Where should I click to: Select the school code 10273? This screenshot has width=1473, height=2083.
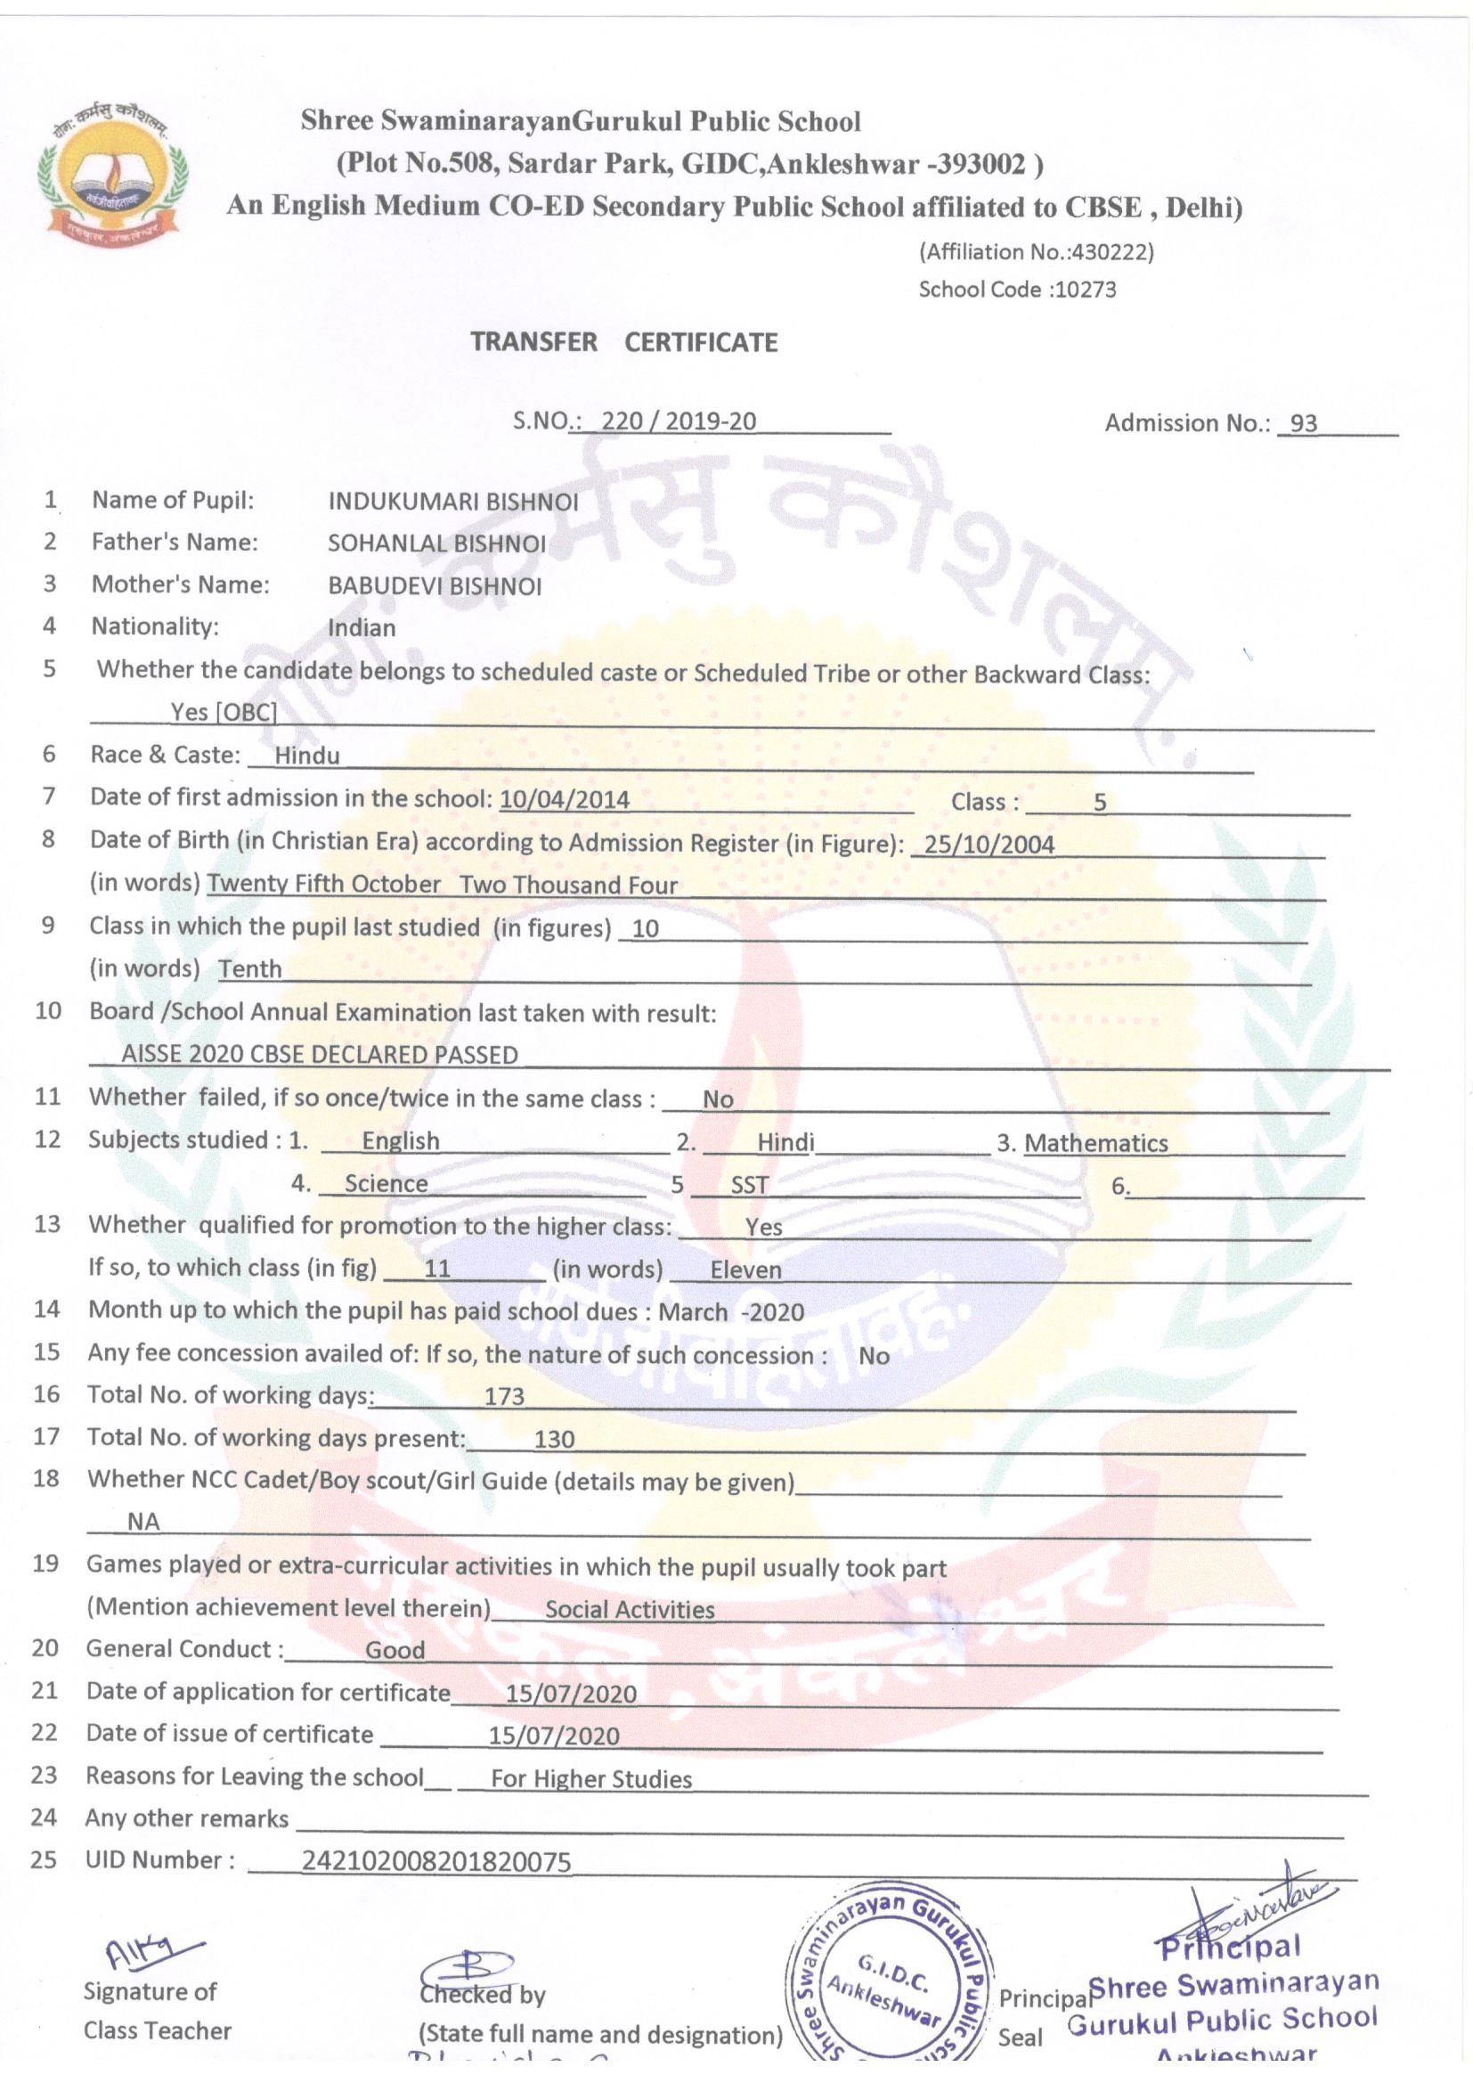click(1085, 290)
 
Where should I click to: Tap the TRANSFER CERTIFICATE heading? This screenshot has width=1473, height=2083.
click(624, 342)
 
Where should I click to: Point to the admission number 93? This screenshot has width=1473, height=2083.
click(1304, 424)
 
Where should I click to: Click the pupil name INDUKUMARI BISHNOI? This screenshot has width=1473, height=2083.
click(452, 502)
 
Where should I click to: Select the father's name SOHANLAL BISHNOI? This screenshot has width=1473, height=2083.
click(436, 543)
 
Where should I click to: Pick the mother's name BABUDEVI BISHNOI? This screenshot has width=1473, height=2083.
click(435, 586)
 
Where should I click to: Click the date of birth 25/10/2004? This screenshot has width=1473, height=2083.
click(985, 845)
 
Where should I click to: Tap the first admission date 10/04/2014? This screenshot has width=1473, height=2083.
click(564, 799)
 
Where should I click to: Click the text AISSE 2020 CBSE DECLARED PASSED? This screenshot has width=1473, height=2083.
click(320, 1054)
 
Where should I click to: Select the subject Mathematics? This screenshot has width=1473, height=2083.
click(1095, 1143)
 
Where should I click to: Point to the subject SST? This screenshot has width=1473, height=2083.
click(749, 1185)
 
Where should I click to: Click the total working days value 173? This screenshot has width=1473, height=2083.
click(504, 1396)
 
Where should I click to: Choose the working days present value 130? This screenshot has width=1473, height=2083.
click(554, 1439)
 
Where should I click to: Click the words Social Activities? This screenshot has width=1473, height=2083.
click(630, 1609)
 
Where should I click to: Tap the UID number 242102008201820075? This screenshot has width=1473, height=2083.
click(436, 1863)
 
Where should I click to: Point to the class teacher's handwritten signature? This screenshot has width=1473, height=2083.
click(150, 1947)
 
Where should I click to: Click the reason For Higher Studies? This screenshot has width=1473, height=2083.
click(591, 1779)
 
